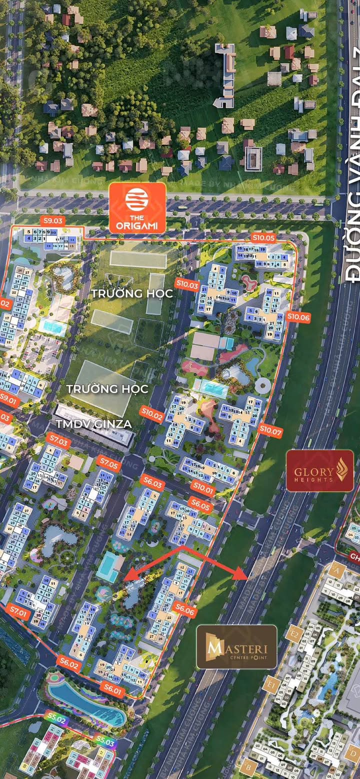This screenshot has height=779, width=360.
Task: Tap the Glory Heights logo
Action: (320, 471)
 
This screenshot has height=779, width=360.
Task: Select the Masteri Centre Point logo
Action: (236, 646)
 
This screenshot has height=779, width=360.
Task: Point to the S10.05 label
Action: (263, 237)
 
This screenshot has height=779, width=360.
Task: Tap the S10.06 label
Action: (298, 316)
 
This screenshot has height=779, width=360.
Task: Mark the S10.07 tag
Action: (271, 428)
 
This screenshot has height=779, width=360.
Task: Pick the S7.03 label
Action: (59, 441)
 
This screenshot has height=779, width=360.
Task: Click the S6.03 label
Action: (153, 483)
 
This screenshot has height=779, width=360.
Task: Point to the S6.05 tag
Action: (199, 505)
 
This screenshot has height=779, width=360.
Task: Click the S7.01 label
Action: (19, 611)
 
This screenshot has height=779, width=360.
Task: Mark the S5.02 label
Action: (55, 719)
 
